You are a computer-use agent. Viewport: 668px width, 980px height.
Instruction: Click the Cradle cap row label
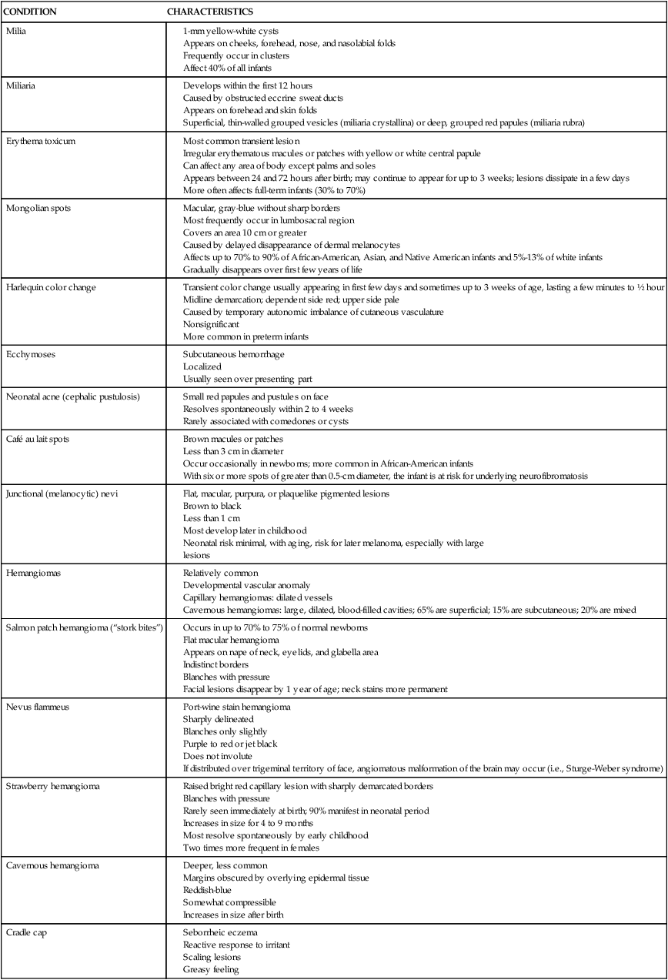click(x=28, y=932)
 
